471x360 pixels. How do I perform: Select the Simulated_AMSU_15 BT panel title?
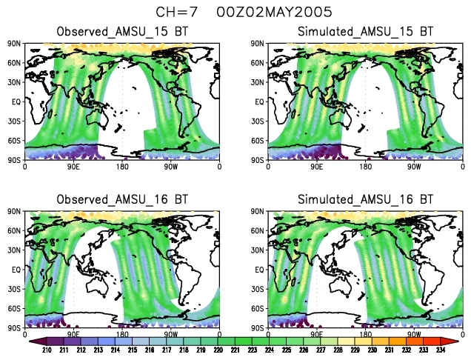point(365,32)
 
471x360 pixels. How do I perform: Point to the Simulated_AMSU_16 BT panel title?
point(365,200)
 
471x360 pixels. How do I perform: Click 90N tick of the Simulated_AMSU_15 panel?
point(259,44)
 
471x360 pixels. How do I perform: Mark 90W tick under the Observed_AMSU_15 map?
point(171,167)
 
